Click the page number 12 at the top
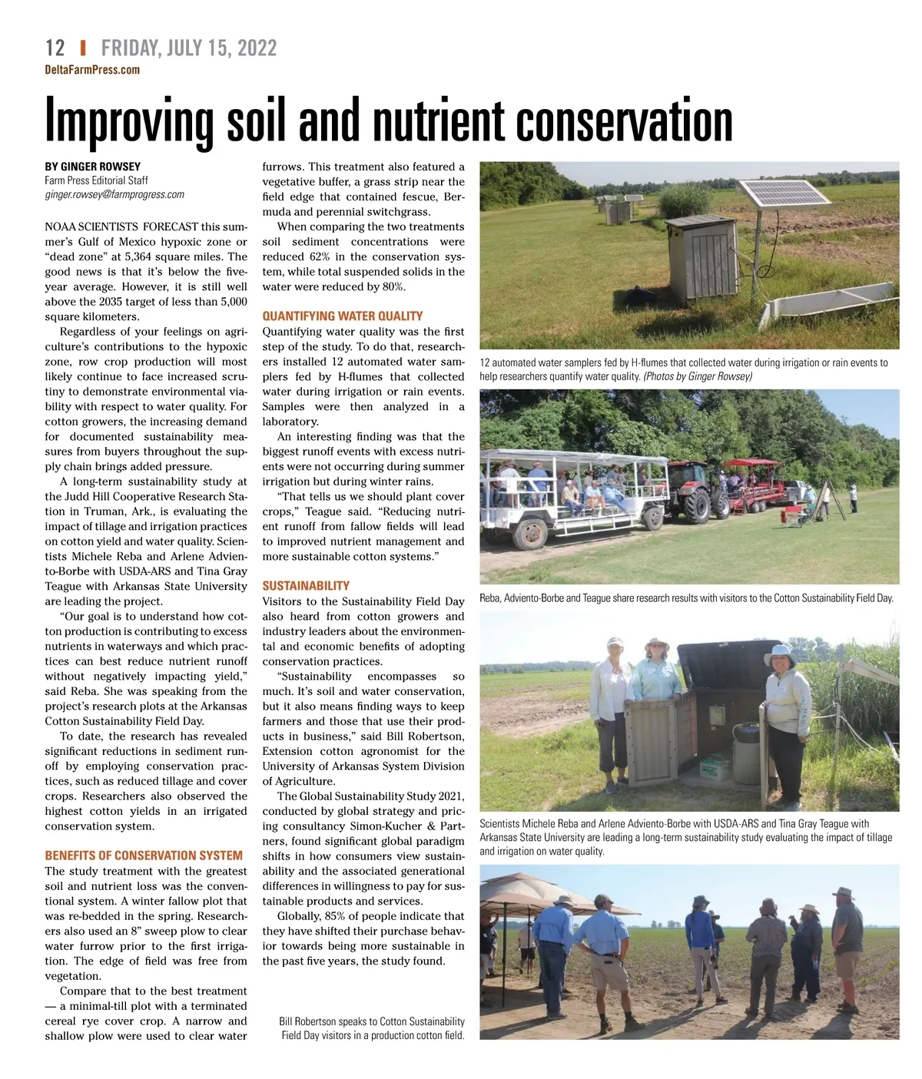coord(55,48)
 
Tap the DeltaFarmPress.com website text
coord(92,70)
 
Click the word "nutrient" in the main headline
coord(440,121)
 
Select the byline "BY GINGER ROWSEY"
coord(92,166)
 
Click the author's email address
coord(114,194)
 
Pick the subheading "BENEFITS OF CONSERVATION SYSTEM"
coord(144,856)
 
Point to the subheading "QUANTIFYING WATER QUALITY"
coord(342,316)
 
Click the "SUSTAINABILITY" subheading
coord(306,585)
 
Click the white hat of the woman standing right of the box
coord(781,655)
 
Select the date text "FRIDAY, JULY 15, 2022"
coord(189,48)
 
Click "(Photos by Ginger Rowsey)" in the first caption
coord(698,376)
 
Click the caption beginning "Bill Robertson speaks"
coord(372,1028)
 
